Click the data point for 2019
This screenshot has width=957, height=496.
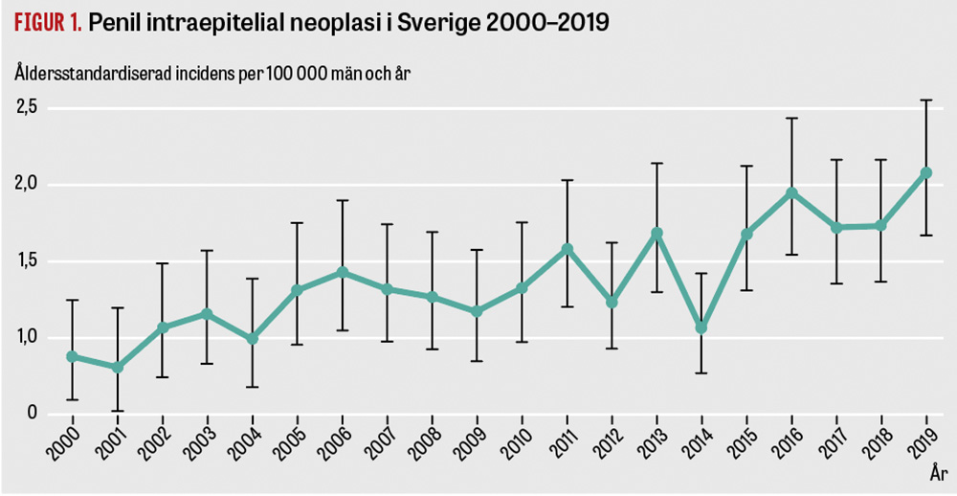click(925, 173)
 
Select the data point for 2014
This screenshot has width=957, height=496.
click(701, 327)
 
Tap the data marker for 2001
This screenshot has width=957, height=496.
click(117, 367)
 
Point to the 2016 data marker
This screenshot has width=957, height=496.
click(791, 192)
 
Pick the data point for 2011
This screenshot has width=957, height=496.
click(567, 249)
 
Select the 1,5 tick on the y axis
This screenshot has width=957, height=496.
click(26, 260)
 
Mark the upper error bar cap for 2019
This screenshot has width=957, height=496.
click(925, 100)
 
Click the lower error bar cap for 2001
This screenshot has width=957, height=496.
click(117, 411)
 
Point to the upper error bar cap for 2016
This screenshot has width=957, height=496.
click(791, 118)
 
